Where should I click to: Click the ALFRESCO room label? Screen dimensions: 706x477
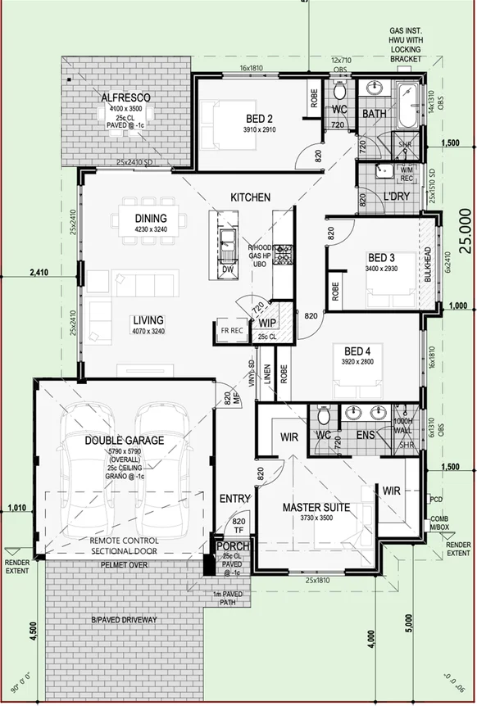pyautogui.click(x=125, y=98)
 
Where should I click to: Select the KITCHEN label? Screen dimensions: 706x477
pyautogui.click(x=250, y=197)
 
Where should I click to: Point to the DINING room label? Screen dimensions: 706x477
pyautogui.click(x=151, y=219)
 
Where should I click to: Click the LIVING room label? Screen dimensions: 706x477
pyautogui.click(x=148, y=320)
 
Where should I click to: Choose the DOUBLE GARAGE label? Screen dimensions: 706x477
pyautogui.click(x=125, y=441)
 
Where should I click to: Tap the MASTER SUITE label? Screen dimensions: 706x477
pyautogui.click(x=316, y=508)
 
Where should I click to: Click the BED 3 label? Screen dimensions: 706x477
pyautogui.click(x=381, y=257)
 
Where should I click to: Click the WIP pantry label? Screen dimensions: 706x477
pyautogui.click(x=267, y=311)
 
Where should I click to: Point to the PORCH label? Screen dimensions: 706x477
pyautogui.click(x=231, y=546)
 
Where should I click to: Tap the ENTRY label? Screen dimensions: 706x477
pyautogui.click(x=235, y=499)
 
